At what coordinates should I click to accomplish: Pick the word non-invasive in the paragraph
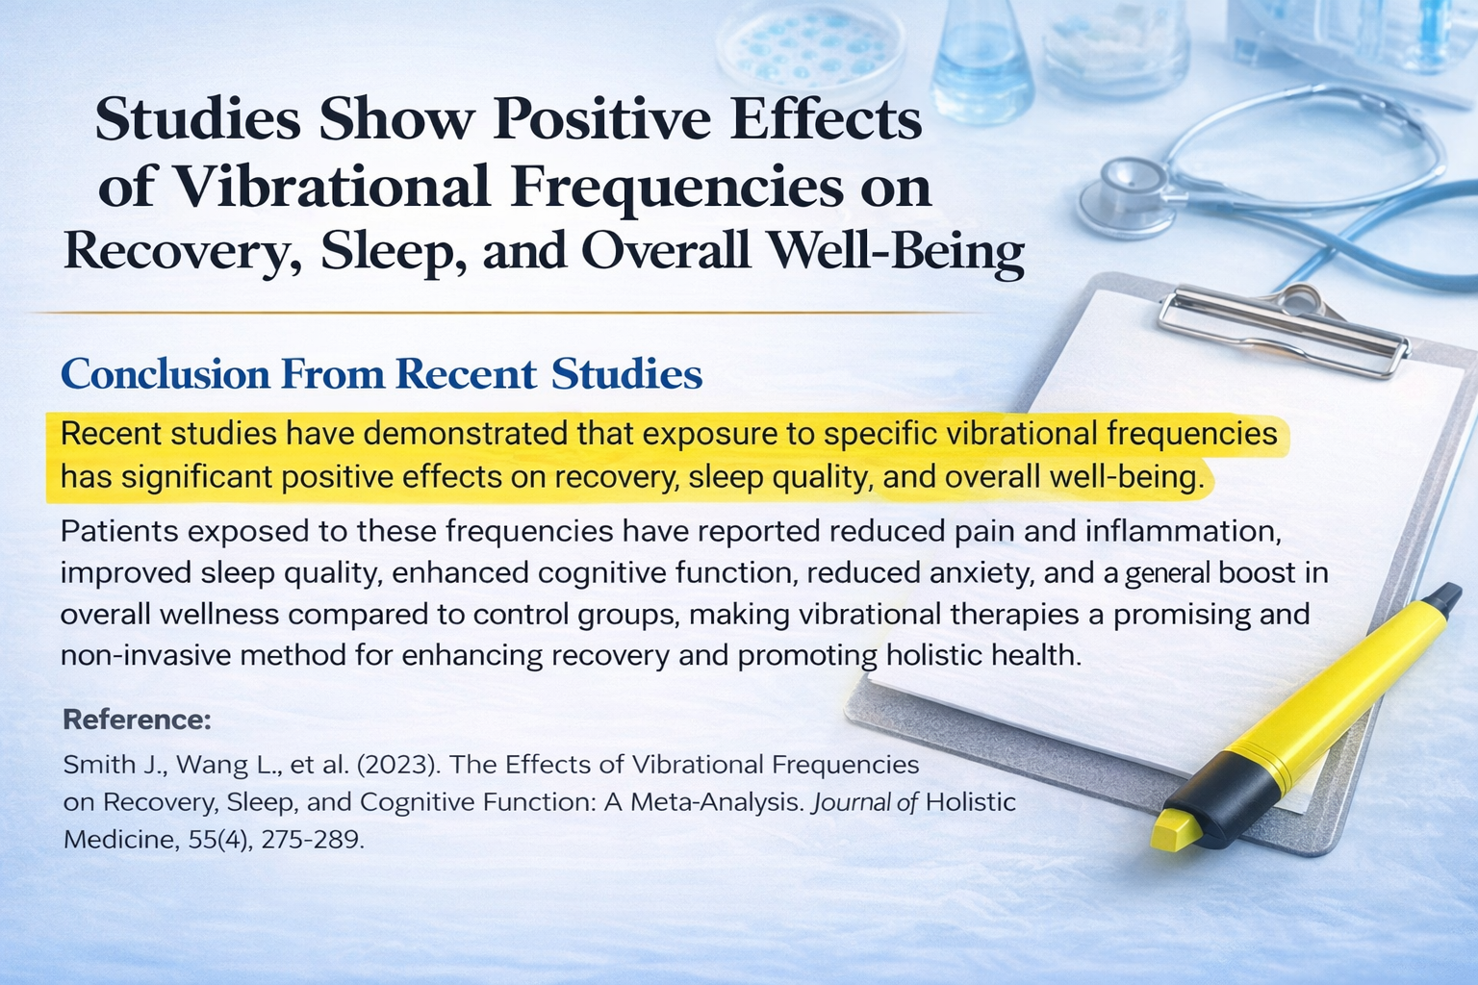click(147, 656)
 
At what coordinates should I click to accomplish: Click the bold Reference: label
click(137, 720)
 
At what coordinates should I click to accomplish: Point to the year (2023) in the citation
click(395, 765)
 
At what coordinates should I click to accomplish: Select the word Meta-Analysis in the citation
click(716, 802)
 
